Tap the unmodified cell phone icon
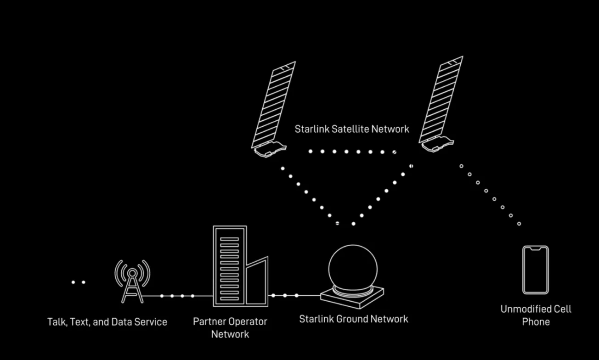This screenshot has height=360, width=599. pyautogui.click(x=536, y=270)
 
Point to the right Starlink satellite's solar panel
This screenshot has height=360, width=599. pyautogui.click(x=441, y=100)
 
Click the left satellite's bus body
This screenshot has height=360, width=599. pyautogui.click(x=270, y=149)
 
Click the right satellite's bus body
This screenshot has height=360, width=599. pyautogui.click(x=437, y=144)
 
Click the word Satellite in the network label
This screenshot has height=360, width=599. pyautogui.click(x=350, y=129)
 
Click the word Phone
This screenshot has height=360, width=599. pyautogui.click(x=536, y=322)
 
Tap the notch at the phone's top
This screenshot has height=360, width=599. pyautogui.click(x=536, y=249)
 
